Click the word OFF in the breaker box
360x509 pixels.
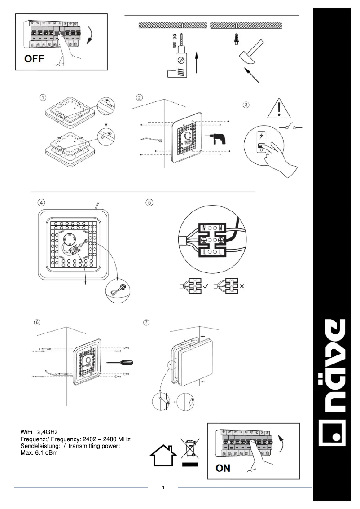coord(34,59)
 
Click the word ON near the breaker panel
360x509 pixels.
coord(223,468)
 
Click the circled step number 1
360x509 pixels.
coord(42,97)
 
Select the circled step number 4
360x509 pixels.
coord(41,202)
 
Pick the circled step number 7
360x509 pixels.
coord(146,323)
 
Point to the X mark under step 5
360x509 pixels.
coord(242,285)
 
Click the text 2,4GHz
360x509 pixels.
coord(47,432)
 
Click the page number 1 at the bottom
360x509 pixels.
coord(163,487)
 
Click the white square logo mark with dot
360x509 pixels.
coord(332,433)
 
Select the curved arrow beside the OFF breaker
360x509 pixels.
coord(92,35)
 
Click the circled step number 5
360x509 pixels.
coord(149,202)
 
